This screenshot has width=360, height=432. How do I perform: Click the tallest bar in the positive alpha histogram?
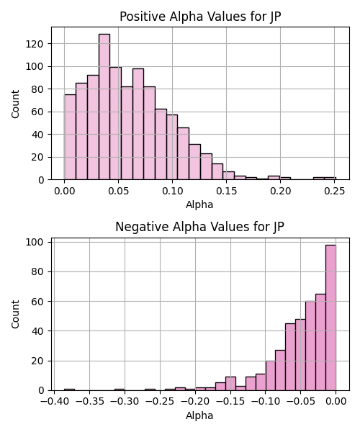point(104,107)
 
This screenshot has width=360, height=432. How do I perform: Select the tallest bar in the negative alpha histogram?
point(330,318)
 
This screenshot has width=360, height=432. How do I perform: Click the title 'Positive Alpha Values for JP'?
point(200,17)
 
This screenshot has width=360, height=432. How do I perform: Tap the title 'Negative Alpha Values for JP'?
point(199,227)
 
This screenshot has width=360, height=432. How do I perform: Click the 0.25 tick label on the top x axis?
point(334,191)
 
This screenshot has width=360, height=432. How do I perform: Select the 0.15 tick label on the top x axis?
point(226,191)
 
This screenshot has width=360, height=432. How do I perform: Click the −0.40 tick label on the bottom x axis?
point(54,402)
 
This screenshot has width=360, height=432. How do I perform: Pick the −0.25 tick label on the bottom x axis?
point(160,402)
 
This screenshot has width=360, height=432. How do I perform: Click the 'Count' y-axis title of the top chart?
point(15,104)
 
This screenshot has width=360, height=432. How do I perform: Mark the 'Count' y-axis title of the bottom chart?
point(15,315)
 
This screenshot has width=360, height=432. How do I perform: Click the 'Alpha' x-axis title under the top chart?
point(199,204)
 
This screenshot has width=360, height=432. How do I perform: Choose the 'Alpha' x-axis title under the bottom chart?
point(199,415)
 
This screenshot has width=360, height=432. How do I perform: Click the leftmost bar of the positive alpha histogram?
point(71,138)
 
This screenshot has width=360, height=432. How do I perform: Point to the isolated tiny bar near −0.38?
point(69,390)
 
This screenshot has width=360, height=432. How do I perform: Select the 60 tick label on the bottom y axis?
point(37,302)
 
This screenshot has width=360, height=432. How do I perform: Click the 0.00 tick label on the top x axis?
point(65,191)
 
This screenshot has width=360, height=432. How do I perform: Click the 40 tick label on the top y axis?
point(37,135)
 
